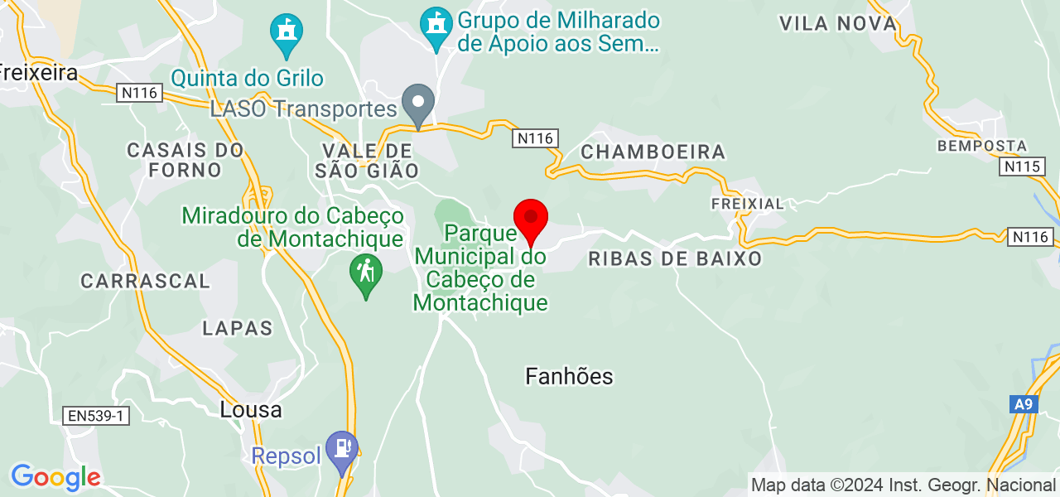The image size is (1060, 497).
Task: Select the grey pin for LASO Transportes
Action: [418, 105]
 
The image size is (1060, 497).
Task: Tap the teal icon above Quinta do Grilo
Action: [287, 33]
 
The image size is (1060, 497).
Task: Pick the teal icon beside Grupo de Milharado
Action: [436, 27]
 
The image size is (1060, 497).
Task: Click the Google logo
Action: [55, 477]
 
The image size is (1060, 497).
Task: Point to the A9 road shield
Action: [1024, 404]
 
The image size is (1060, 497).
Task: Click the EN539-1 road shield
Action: [96, 415]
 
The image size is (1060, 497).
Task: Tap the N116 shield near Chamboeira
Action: [534, 138]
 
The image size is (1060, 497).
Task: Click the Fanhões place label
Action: [569, 377]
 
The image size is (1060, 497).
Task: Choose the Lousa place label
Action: [251, 410]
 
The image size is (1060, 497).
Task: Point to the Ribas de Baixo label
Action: [675, 258]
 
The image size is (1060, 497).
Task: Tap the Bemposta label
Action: [982, 146]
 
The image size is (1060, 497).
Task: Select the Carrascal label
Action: [145, 281]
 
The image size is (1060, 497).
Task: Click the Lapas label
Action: [238, 328]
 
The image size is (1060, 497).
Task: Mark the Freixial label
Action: [747, 203]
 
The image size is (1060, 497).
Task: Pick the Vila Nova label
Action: [838, 23]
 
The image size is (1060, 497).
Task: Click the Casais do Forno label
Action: [185, 160]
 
